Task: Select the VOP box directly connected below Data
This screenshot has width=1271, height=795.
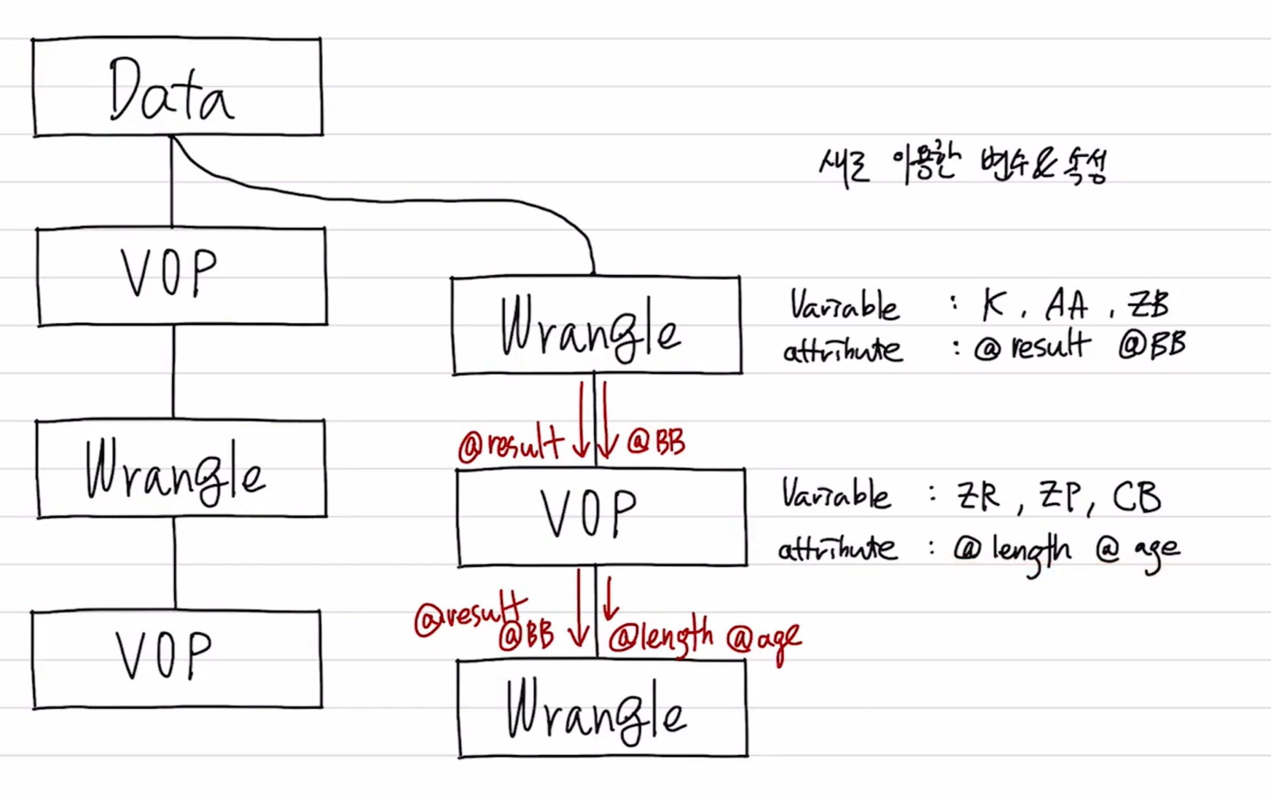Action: (182, 276)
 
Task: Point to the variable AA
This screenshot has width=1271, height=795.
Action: (1066, 305)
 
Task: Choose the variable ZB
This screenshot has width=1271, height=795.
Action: (1147, 304)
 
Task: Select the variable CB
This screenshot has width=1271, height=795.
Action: (1137, 497)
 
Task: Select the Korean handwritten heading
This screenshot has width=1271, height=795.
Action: (962, 166)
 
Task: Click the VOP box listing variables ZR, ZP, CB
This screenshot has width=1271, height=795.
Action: (602, 517)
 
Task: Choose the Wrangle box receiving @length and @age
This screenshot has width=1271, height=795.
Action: (603, 709)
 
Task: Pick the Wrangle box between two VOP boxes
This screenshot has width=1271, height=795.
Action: (182, 469)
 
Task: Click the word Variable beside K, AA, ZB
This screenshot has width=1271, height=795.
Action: (845, 305)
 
